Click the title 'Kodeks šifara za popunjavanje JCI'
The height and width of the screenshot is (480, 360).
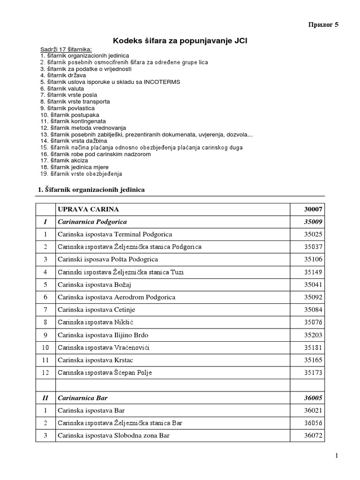tap(180, 41)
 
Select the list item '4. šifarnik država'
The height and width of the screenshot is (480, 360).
tap(64, 75)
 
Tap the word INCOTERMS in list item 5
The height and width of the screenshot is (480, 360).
tap(163, 82)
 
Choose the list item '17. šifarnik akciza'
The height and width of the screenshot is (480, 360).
tap(64, 160)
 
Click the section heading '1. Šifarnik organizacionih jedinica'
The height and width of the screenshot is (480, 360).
tap(91, 189)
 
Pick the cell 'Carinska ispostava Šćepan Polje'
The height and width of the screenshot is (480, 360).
tap(105, 373)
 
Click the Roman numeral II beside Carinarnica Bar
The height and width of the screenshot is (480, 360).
tap(45, 397)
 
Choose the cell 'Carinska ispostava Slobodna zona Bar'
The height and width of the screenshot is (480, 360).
tap(113, 435)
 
